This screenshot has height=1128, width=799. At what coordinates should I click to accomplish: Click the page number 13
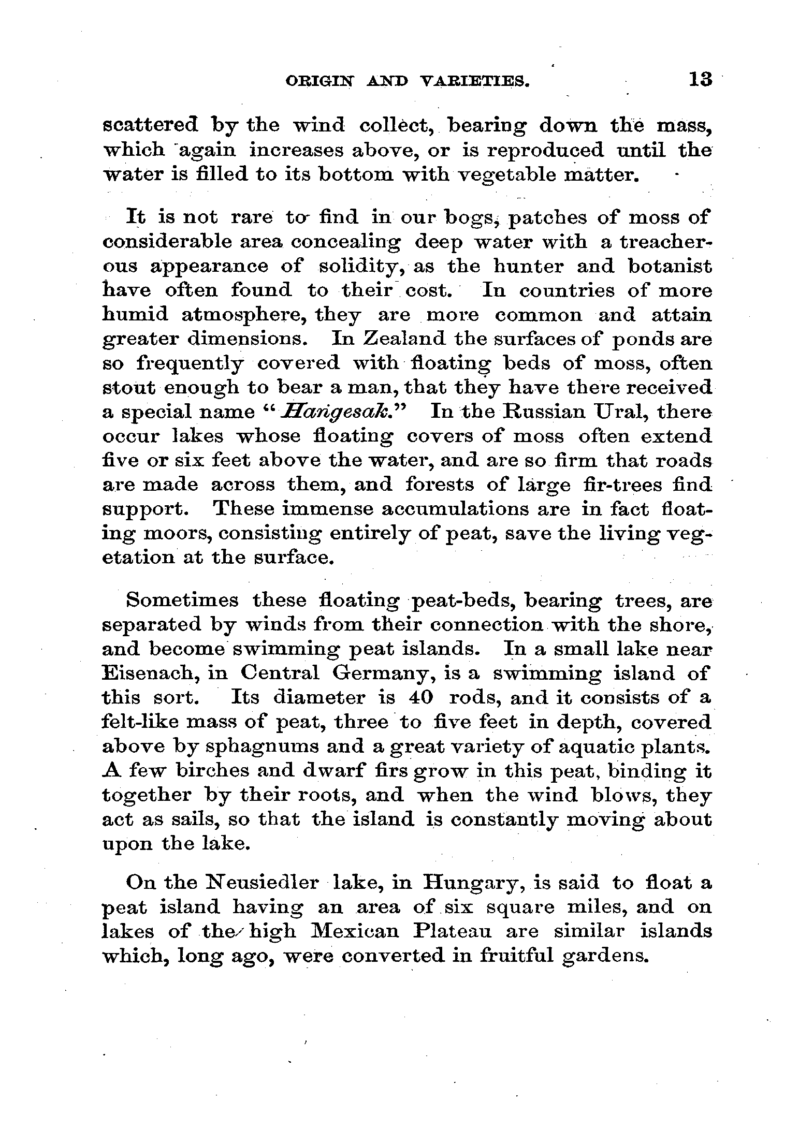click(x=700, y=80)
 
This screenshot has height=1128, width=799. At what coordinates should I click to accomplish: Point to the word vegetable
click(x=508, y=175)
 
